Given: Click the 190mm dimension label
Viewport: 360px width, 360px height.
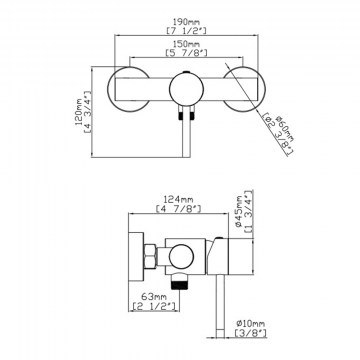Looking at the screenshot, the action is point(186,22).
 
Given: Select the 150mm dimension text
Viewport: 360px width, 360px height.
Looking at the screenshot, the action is point(186,44).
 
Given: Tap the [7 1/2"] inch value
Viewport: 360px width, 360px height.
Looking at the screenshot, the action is point(186,31).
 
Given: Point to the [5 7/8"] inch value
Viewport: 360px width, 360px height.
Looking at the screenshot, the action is point(186,53).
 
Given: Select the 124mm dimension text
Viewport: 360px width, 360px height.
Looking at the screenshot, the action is point(178,199).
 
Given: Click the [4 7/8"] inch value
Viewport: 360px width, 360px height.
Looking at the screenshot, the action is point(178,209).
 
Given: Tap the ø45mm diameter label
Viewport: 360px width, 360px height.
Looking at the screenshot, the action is point(239,211).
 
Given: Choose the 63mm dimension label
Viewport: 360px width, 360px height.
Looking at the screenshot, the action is point(154,296).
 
